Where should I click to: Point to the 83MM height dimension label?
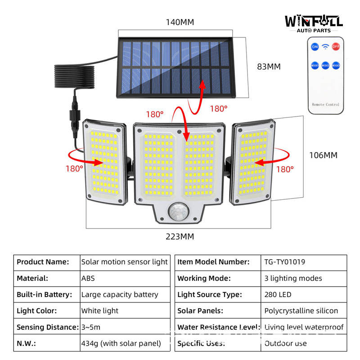point(269,67)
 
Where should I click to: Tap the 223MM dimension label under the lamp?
point(180,236)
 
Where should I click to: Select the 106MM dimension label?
point(323,155)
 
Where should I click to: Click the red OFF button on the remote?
point(336,47)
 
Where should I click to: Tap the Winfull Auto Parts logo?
point(314,23)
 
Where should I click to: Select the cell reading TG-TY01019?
point(285,262)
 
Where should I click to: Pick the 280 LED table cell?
point(278,295)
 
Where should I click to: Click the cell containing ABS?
point(88,278)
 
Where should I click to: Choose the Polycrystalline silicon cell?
point(301,311)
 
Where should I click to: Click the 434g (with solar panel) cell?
point(121,343)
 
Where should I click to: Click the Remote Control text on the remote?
point(325,104)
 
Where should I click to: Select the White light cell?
point(100,311)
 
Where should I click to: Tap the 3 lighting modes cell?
point(293,278)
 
